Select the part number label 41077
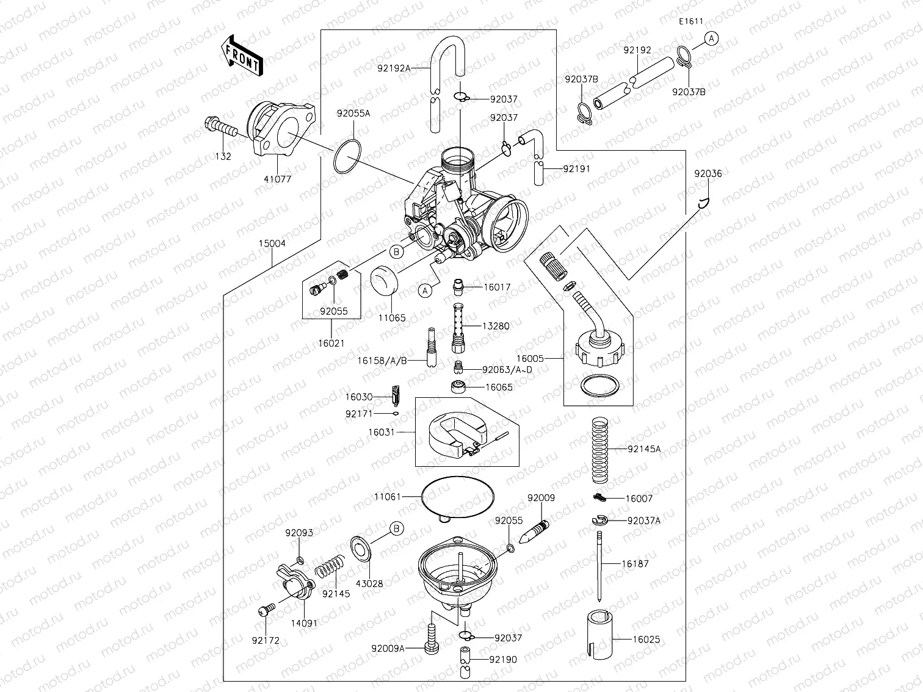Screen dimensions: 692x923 click(x=278, y=179)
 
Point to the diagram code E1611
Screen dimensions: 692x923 click(x=691, y=21)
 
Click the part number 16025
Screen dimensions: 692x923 click(x=646, y=640)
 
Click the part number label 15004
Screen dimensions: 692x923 click(x=272, y=243)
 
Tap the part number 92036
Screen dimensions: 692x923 click(x=708, y=173)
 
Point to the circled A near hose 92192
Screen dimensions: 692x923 click(x=711, y=38)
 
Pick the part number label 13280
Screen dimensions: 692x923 click(x=496, y=326)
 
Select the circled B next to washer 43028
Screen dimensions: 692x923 click(x=397, y=528)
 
